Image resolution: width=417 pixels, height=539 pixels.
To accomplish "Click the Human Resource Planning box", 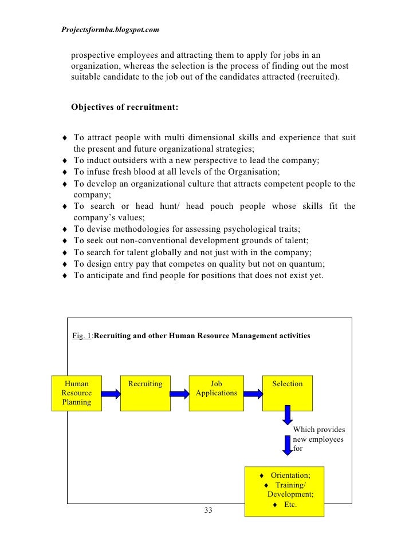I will pos(76,393).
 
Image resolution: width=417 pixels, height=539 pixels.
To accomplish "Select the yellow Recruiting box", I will pos(145,393).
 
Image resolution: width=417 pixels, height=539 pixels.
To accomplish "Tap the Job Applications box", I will pos(216,393).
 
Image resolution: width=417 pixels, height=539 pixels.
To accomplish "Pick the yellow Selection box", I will pos(287,393).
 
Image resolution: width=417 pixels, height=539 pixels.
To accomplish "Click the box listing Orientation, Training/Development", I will pos(284,491).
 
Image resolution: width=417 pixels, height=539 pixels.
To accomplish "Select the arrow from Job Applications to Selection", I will pos(250,394).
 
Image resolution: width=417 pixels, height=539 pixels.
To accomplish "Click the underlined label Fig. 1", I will pos(82,336).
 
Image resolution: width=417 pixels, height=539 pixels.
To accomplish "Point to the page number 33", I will pos(208,510).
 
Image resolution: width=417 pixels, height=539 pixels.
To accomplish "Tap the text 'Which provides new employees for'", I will pos(318,439).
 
